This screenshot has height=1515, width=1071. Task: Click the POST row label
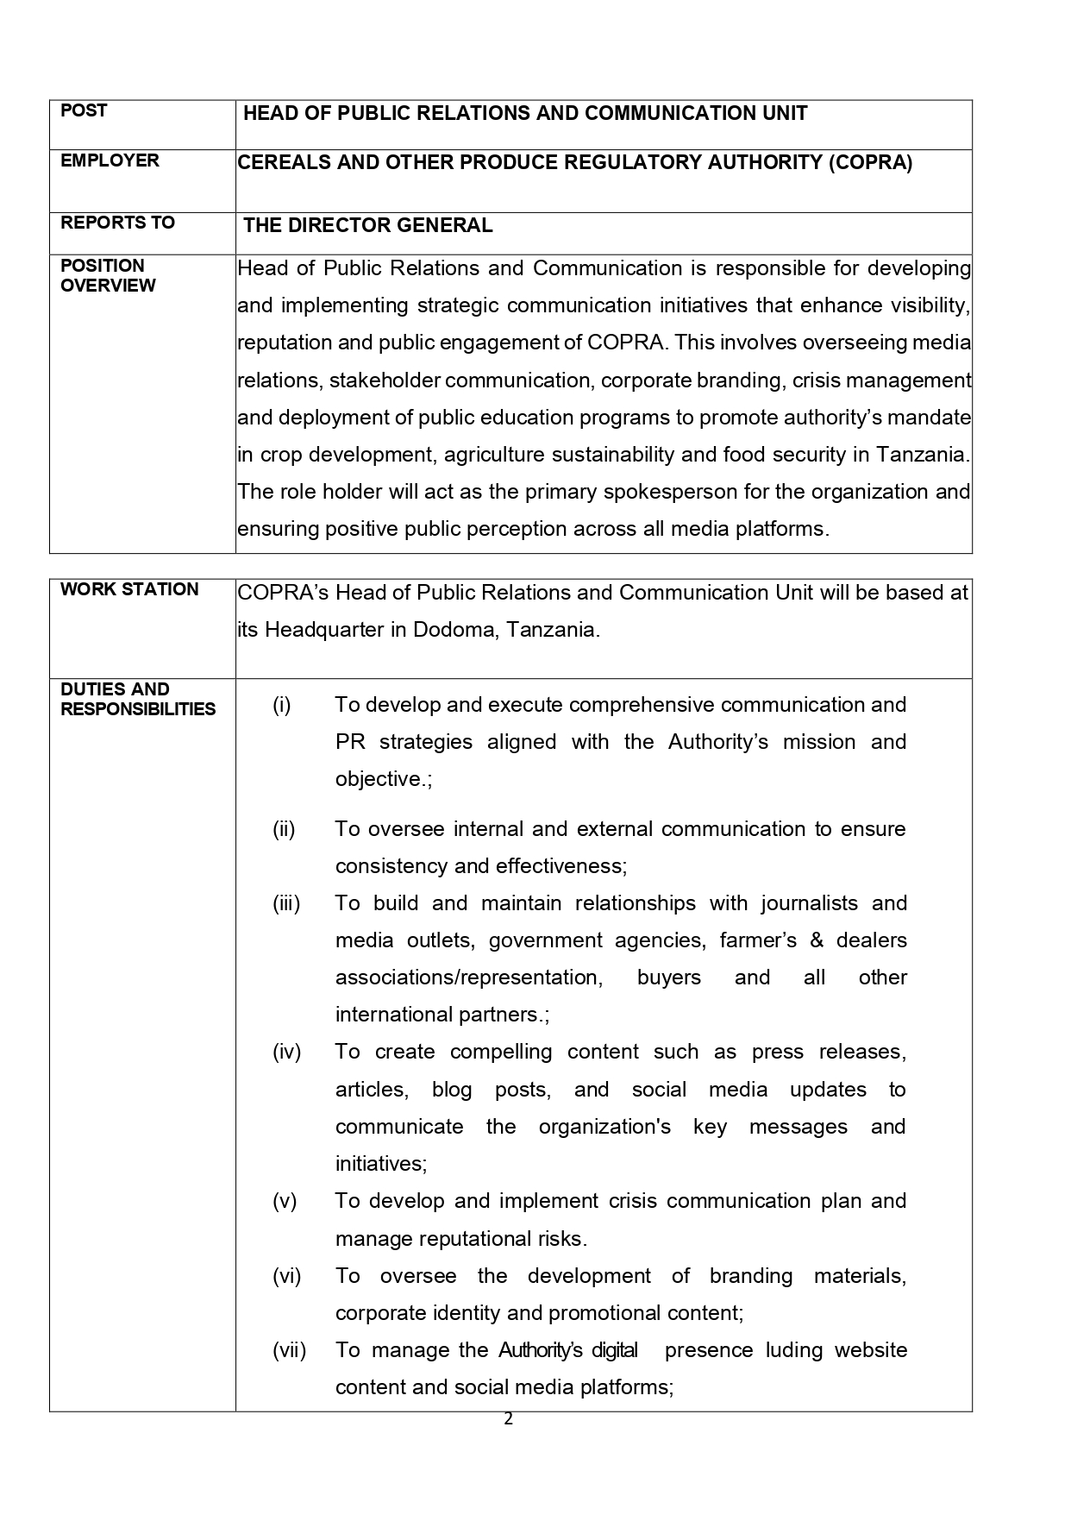click(x=84, y=110)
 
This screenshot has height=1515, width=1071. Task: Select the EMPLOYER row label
click(x=110, y=160)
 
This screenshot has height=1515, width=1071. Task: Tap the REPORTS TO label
click(x=117, y=223)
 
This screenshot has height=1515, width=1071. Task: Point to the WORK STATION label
click(x=129, y=589)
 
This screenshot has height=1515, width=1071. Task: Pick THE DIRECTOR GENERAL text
click(x=368, y=226)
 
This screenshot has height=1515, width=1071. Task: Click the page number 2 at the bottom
click(x=508, y=1419)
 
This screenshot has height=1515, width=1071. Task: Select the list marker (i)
click(x=282, y=705)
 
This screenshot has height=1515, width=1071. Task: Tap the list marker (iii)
click(x=286, y=903)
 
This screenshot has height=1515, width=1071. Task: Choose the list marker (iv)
click(x=286, y=1052)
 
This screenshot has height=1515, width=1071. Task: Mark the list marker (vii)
click(x=289, y=1350)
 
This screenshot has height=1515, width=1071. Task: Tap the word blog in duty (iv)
click(x=452, y=1090)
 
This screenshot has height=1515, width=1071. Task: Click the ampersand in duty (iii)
click(x=817, y=940)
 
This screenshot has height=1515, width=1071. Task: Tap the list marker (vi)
click(x=286, y=1276)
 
